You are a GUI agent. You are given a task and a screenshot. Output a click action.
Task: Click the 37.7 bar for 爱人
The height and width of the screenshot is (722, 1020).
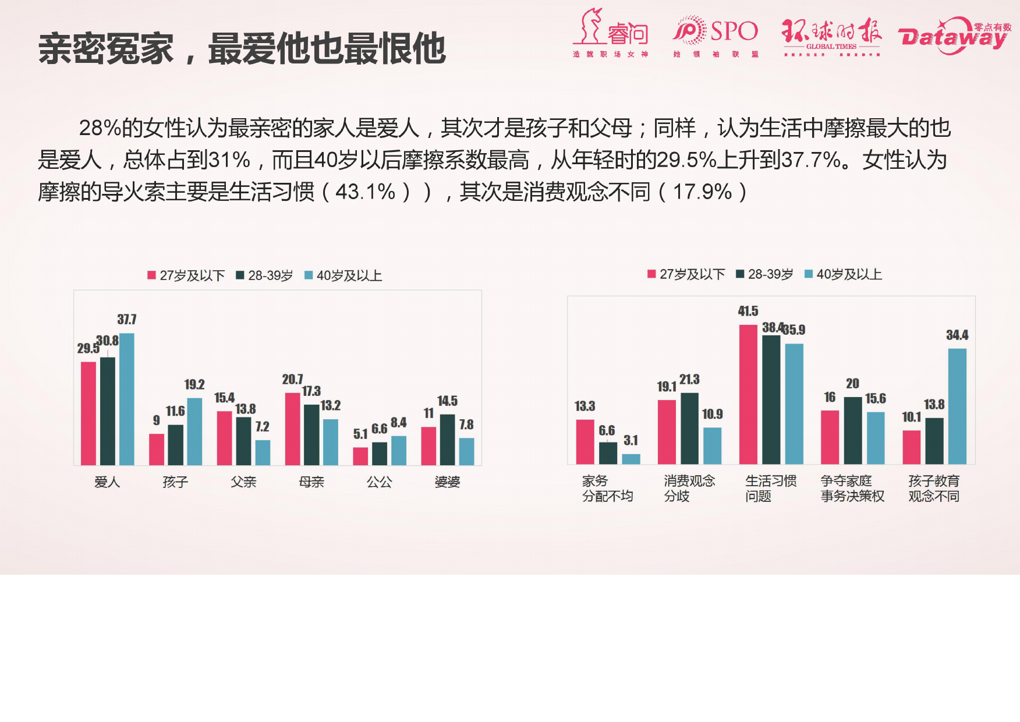(127, 399)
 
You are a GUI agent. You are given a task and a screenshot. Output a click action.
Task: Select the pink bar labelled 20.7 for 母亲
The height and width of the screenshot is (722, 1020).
(292, 429)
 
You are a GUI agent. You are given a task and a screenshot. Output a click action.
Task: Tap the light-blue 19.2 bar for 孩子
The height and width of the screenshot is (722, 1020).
(194, 431)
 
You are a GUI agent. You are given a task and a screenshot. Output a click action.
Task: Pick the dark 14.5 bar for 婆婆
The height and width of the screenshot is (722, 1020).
(447, 440)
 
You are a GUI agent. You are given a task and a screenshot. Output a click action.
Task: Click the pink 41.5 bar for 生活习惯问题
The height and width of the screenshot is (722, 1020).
(748, 394)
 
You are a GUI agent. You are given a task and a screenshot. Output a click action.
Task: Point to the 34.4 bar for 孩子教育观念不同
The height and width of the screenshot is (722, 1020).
(957, 406)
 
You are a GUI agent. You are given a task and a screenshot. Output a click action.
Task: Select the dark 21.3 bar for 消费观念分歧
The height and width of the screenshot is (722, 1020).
(689, 428)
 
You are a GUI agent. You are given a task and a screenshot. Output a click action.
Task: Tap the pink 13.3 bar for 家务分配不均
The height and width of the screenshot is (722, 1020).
(585, 441)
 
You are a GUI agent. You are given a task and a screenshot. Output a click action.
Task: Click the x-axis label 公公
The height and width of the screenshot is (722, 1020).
(380, 482)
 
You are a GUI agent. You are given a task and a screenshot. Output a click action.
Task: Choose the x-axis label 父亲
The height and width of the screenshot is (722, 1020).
(243, 482)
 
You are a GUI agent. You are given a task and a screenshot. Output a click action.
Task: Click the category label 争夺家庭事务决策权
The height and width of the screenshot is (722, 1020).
(852, 489)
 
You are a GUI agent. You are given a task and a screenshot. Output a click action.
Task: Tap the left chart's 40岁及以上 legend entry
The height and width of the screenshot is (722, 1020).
(343, 275)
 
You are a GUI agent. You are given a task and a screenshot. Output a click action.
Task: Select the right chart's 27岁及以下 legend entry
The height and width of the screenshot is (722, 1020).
(687, 274)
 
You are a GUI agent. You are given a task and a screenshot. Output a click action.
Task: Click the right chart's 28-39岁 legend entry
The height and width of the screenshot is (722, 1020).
(765, 274)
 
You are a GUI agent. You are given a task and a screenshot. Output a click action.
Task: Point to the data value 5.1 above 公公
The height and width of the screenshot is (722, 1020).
(360, 434)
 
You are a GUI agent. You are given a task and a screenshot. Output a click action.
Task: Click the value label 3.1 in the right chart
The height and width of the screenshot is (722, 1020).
(631, 441)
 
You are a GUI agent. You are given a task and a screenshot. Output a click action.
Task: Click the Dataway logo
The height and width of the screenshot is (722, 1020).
(955, 37)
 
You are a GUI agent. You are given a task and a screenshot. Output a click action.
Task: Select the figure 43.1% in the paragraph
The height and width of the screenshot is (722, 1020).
(366, 192)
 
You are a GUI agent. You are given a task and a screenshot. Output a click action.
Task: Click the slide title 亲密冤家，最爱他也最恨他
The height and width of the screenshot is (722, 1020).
(242, 48)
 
